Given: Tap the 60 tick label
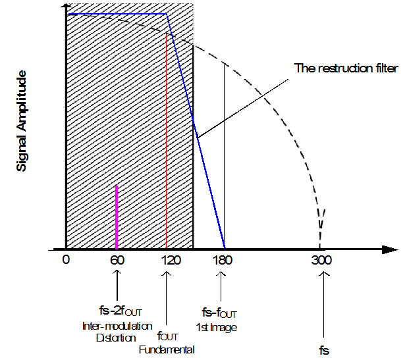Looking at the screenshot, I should tap(117, 260).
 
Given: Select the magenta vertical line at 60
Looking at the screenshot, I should tap(117, 217).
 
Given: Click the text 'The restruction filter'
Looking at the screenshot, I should tap(346, 68).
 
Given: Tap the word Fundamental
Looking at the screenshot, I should tap(167, 349).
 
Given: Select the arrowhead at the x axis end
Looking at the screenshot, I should tap(390, 250).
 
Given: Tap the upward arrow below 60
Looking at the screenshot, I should tap(117, 283).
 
